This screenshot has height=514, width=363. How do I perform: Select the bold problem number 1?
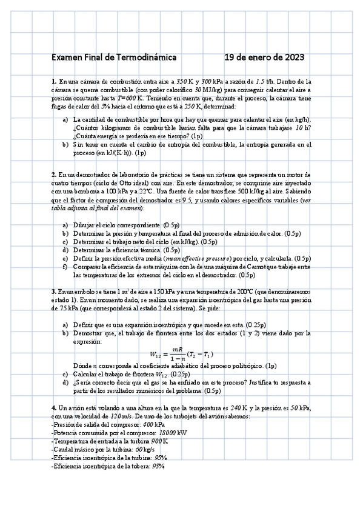54,81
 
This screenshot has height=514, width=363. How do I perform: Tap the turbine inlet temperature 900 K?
159,442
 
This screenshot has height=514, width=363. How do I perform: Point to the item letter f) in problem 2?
65,267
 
